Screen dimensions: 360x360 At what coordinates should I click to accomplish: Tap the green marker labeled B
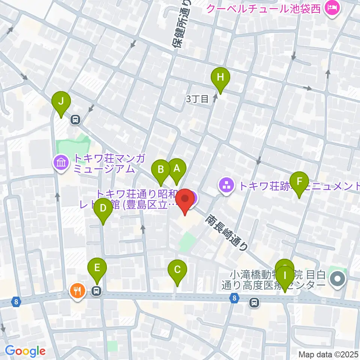(161, 169)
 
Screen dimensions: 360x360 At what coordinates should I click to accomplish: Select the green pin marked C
(177, 269)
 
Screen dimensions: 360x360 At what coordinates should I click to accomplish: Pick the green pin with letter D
(103, 207)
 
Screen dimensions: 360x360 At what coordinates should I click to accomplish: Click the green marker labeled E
(97, 268)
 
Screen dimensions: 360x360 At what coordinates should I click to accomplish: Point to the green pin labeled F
(299, 181)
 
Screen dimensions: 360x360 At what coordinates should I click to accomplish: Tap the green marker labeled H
(220, 77)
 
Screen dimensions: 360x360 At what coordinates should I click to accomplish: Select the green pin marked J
(61, 101)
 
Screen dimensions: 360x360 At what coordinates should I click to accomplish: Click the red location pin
(185, 199)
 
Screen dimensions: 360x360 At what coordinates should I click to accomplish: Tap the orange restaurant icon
(78, 290)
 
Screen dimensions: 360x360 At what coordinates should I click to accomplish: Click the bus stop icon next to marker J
(75, 120)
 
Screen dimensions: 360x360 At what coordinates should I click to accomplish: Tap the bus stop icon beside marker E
(97, 290)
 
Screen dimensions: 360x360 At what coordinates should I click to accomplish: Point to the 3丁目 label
(197, 99)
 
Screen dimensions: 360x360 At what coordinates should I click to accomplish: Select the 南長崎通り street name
(226, 232)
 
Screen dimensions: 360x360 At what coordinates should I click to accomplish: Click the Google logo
(25, 351)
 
